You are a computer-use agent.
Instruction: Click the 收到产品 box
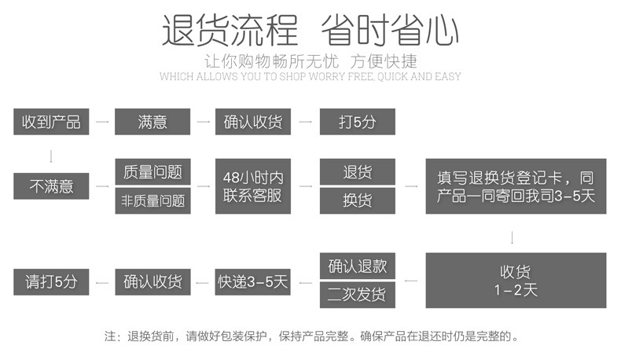pyautogui.click(x=52, y=122)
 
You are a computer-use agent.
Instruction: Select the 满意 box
pyautogui.click(x=152, y=122)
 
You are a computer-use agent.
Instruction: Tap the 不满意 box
pyautogui.click(x=52, y=186)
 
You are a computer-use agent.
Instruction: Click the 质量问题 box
pyautogui.click(x=152, y=172)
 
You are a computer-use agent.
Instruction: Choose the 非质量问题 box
pyautogui.click(x=152, y=200)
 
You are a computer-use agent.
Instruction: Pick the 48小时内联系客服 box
pyautogui.click(x=253, y=186)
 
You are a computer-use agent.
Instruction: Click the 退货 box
pyautogui.click(x=357, y=172)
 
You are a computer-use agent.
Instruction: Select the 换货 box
pyautogui.click(x=357, y=200)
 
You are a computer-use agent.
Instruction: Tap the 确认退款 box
pyautogui.click(x=357, y=266)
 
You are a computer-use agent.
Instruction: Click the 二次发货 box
pyautogui.click(x=357, y=295)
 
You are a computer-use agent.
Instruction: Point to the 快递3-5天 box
pyautogui.click(x=253, y=281)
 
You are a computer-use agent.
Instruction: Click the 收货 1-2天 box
pyautogui.click(x=516, y=281)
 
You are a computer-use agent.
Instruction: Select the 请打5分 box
pyautogui.click(x=52, y=281)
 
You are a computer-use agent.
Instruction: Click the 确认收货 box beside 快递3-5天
pyautogui.click(x=152, y=281)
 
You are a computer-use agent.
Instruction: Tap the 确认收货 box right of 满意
pyautogui.click(x=253, y=122)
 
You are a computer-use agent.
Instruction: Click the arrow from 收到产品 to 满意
pyautogui.click(x=102, y=122)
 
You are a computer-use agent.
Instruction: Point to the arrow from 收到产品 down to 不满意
pyautogui.click(x=52, y=154)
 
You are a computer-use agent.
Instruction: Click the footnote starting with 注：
pyautogui.click(x=311, y=336)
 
